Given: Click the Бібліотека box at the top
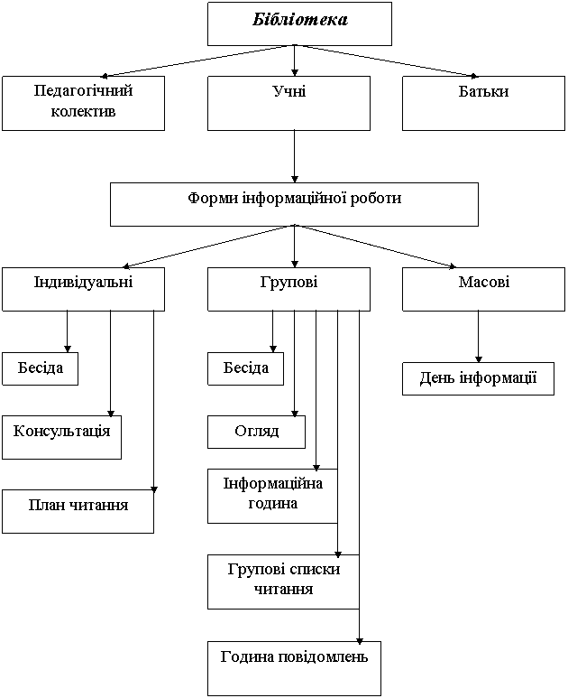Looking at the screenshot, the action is [299, 23].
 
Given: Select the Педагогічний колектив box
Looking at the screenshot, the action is [83, 103].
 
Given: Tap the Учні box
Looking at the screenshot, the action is [289, 103].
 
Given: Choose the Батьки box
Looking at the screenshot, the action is [483, 103].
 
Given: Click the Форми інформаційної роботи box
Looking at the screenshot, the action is [294, 204].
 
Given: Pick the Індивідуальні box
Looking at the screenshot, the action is [83, 289].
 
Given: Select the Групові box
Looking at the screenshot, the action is [289, 289].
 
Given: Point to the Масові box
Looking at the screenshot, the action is [483, 289].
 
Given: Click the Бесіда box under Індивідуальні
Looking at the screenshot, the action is [40, 368].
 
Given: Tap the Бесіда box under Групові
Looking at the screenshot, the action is [245, 368].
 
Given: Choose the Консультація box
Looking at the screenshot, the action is [62, 437].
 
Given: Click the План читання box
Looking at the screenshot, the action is [78, 511].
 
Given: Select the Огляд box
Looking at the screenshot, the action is [256, 432].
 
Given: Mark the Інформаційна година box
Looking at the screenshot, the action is [272, 496].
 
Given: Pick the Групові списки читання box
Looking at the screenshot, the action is [283, 582].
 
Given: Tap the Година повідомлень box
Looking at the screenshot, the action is [294, 668].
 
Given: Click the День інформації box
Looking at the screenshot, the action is [478, 379].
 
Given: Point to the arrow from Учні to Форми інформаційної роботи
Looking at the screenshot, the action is [294, 156].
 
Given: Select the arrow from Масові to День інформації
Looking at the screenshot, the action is [479, 337].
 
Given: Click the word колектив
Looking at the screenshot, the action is [83, 111].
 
